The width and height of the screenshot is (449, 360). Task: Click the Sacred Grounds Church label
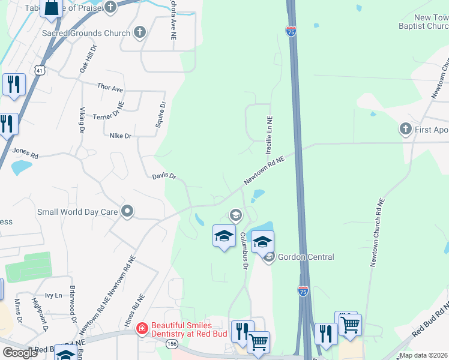click(x=86, y=33)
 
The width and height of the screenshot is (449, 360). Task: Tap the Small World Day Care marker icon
click(x=127, y=211)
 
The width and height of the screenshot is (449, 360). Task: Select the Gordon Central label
click(x=306, y=257)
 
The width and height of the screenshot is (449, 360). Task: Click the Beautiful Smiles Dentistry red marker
click(x=142, y=328)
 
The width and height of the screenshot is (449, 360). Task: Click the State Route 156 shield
click(x=171, y=344)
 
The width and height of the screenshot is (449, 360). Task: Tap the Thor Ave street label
click(x=110, y=88)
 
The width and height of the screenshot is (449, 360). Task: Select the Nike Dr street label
click(x=120, y=136)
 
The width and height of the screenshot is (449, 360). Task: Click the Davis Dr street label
click(x=163, y=176)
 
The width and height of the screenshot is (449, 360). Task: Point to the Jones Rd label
click(x=25, y=153)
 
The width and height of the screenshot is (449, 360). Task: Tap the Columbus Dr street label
click(x=244, y=250)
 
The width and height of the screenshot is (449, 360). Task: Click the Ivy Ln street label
click(x=54, y=295)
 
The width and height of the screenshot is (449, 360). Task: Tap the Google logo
click(x=20, y=353)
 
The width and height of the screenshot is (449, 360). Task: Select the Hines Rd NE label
click(x=134, y=312)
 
